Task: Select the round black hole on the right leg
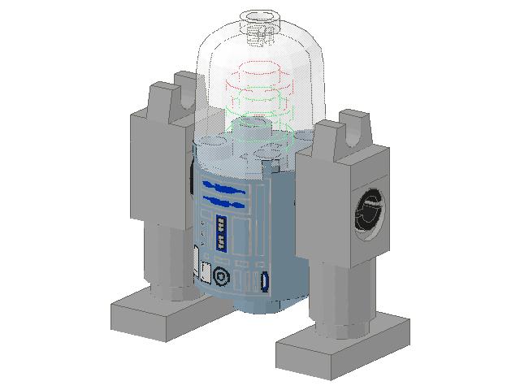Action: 369,213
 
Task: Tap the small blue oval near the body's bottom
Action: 264,282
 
